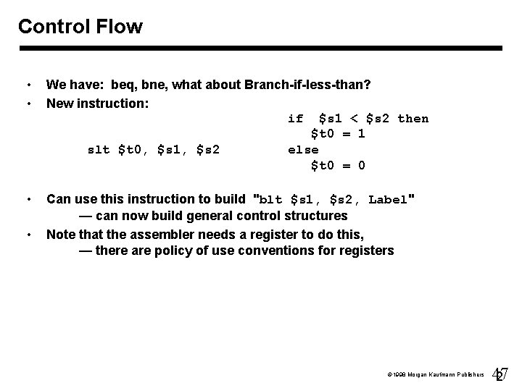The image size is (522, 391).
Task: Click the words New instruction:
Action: pyautogui.click(x=97, y=103)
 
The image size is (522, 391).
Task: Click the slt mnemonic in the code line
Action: pyautogui.click(x=98, y=150)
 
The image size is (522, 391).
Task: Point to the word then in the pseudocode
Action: pyautogui.click(x=413, y=119)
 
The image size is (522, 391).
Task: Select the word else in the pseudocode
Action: pyautogui.click(x=303, y=150)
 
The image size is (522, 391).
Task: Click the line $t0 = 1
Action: pyautogui.click(x=338, y=134)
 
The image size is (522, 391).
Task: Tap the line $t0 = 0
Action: pyautogui.click(x=338, y=166)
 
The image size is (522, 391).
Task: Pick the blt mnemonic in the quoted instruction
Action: pyautogui.click(x=270, y=200)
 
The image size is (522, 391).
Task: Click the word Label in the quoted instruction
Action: pyautogui.click(x=389, y=200)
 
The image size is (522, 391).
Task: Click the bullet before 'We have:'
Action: pyautogui.click(x=28, y=85)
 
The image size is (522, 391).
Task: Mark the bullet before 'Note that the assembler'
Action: pyautogui.click(x=28, y=234)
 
